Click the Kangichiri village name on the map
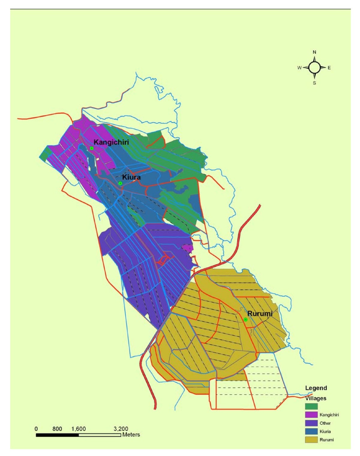click(111, 142)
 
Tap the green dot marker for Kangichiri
click(92, 148)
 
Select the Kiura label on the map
click(131, 177)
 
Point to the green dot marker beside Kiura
click(120, 183)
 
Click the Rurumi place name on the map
click(260, 313)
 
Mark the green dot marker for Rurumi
click(245, 319)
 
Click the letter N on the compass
click(314, 52)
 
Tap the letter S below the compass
click(314, 83)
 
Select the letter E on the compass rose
click(329, 68)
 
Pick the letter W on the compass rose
click(299, 68)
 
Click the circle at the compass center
click(314, 67)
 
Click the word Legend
click(316, 388)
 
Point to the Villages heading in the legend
click(316, 398)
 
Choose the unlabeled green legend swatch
click(311, 406)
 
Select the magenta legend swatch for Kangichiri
click(311, 415)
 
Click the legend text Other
click(325, 423)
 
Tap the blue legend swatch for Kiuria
click(311, 431)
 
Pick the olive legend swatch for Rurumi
click(311, 440)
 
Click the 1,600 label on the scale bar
click(78, 429)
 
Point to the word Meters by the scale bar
click(131, 435)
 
